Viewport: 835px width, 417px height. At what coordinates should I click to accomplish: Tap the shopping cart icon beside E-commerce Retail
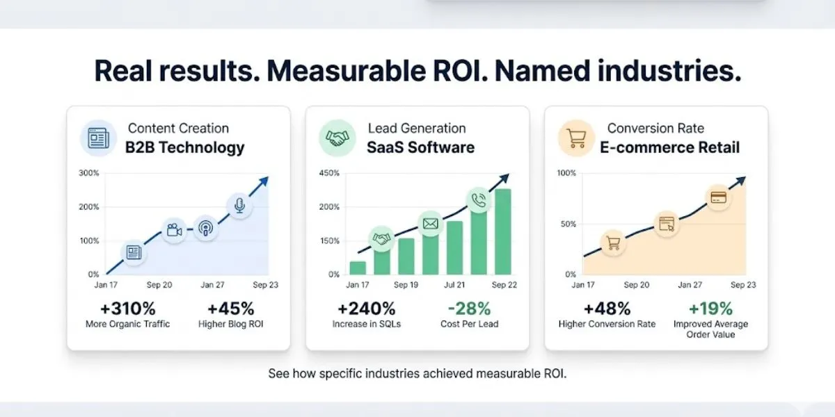tap(577, 138)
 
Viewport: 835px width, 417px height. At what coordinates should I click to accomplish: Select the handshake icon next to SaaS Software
tap(337, 138)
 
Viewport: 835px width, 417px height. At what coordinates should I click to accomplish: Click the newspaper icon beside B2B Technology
tap(98, 138)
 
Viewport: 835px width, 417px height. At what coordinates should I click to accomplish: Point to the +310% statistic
tap(127, 308)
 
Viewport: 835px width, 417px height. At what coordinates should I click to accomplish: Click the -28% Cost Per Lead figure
tap(469, 308)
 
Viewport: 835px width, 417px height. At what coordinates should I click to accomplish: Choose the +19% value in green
tap(710, 308)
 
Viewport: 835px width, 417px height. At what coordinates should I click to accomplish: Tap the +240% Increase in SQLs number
tap(366, 308)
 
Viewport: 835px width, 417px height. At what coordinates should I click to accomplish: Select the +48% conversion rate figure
tap(607, 308)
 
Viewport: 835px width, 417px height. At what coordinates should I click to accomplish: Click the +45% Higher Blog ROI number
tap(230, 308)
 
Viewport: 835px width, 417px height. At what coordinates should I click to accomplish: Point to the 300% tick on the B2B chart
tap(90, 173)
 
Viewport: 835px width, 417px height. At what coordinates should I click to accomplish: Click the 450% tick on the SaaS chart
tap(329, 173)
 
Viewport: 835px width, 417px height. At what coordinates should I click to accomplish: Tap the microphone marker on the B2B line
tap(239, 206)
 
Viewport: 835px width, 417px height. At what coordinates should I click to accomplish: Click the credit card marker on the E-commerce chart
tap(717, 197)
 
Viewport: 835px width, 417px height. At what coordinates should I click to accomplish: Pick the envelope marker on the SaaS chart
tap(430, 224)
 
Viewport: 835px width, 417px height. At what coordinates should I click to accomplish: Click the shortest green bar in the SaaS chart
tap(358, 268)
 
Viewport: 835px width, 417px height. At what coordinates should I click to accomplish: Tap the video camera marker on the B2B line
tap(174, 230)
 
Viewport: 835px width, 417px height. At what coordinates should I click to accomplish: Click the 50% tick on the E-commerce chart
tap(568, 224)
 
